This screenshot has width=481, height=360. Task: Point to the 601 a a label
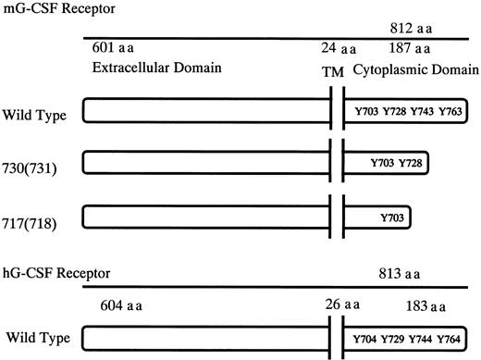click(x=115, y=48)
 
